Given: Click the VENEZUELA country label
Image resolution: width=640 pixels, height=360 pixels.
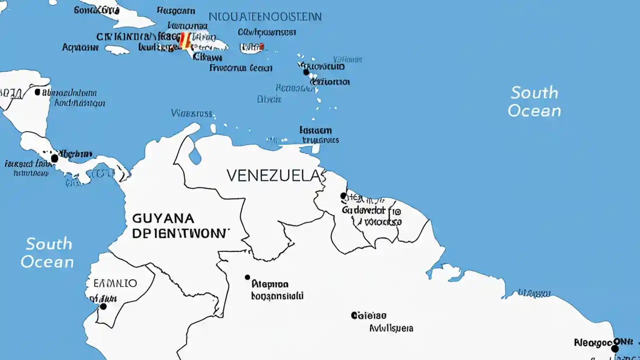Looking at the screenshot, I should [272, 175].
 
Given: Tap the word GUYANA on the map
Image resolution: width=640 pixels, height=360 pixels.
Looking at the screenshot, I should [163, 218].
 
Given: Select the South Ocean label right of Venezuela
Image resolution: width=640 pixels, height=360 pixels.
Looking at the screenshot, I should [534, 101].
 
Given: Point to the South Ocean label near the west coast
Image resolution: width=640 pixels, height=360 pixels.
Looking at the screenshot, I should [48, 253].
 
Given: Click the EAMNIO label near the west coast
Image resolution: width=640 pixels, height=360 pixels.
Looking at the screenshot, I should [115, 283].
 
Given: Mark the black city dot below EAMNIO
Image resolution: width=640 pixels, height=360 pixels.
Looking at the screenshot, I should [103, 306].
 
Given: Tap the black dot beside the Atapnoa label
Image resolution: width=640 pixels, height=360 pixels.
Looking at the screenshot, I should [247, 277].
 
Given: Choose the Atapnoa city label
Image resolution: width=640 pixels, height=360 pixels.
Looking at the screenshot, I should [270, 284].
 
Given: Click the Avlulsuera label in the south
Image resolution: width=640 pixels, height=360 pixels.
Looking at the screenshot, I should [391, 328].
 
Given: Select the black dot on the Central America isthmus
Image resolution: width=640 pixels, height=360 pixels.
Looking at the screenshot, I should [54, 158].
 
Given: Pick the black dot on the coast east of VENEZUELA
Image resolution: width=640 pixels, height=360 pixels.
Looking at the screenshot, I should [343, 195].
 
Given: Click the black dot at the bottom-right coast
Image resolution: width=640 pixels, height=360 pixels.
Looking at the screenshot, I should [615, 348].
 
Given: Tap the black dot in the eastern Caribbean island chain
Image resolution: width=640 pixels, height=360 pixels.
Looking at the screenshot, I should [306, 72].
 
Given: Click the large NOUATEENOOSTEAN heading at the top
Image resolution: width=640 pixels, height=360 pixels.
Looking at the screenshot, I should [265, 16].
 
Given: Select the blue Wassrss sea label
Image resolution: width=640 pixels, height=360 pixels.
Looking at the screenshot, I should [191, 113].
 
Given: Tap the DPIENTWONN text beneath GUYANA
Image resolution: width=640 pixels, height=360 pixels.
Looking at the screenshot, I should [181, 233].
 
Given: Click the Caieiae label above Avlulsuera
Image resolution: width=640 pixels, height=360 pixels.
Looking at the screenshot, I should [368, 315].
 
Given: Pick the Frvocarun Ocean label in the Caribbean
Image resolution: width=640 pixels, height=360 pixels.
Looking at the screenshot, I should [240, 68].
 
